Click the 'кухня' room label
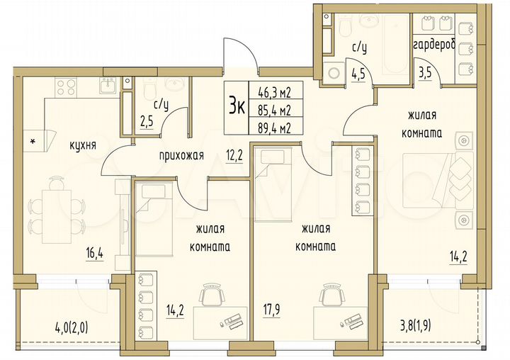[x=83, y=145]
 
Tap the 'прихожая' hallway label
[x=181, y=156]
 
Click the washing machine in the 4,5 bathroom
[x=333, y=72]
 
